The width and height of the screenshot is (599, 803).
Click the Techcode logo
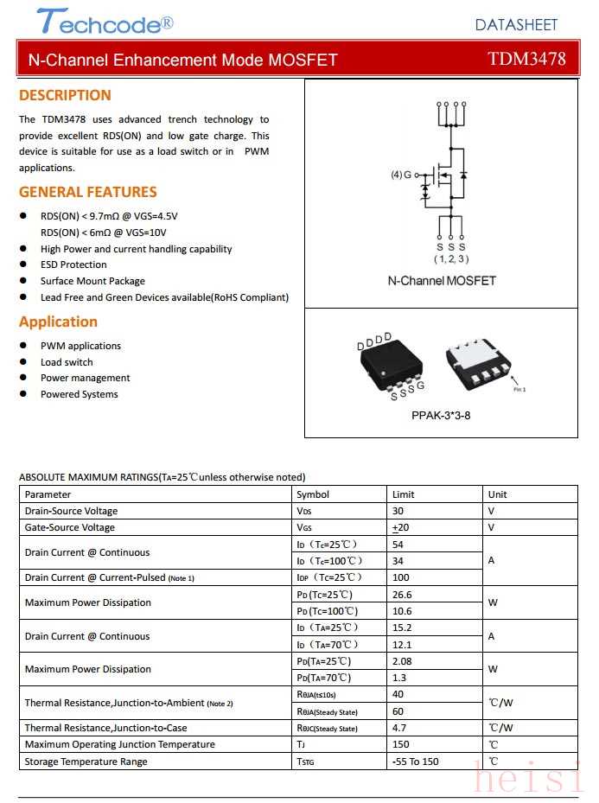click(x=104, y=22)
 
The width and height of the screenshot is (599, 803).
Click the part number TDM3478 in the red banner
click(x=526, y=59)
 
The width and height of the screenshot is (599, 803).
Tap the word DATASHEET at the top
click(x=516, y=25)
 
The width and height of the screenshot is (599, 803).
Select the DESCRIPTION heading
click(x=65, y=95)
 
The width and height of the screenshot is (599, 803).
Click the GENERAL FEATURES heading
click(x=87, y=192)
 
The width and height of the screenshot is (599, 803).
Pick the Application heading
click(x=58, y=322)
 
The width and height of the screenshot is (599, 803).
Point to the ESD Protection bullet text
click(x=73, y=264)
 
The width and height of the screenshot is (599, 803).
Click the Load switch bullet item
click(x=67, y=362)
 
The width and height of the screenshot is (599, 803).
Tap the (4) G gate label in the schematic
click(x=401, y=175)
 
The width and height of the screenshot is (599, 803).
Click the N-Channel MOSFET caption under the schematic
click(x=442, y=281)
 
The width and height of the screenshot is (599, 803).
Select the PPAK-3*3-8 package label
click(x=441, y=415)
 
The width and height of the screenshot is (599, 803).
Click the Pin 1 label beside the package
click(x=519, y=389)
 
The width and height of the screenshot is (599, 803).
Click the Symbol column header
click(x=312, y=494)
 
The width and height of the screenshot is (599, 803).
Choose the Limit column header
click(x=403, y=494)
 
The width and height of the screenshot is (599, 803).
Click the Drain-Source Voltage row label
click(x=71, y=511)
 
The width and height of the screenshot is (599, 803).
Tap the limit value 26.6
click(x=402, y=595)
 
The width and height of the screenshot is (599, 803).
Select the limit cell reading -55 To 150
click(x=415, y=762)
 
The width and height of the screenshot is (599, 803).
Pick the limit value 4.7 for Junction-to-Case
click(x=398, y=728)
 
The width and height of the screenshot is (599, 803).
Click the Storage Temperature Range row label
click(x=86, y=762)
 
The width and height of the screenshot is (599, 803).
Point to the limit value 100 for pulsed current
click(x=400, y=577)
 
